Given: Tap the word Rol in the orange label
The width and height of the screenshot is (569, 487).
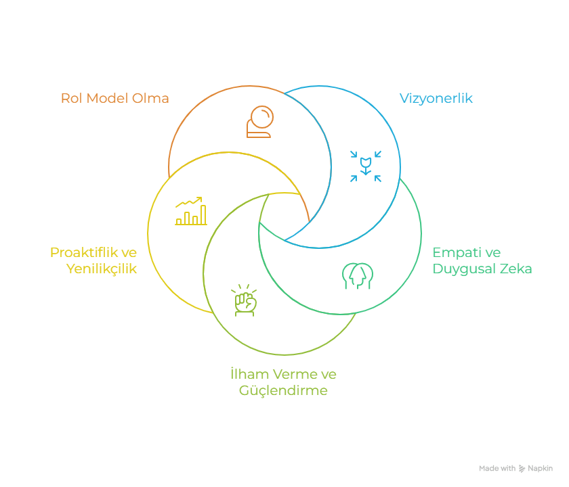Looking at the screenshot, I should click(71, 98).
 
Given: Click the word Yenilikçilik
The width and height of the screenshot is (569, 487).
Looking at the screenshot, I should click(102, 269).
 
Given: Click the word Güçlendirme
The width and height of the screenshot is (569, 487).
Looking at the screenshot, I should click(283, 390).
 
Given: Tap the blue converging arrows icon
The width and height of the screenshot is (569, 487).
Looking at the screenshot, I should click(366, 166).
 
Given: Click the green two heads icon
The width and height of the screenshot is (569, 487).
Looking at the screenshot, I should click(358, 275).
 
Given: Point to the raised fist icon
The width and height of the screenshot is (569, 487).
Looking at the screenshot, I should click(245, 300).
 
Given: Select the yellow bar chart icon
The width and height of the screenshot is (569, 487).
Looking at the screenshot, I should click(190, 212).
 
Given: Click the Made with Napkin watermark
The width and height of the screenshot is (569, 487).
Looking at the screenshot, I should click(515, 468).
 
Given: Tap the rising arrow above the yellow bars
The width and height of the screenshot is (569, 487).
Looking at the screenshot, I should click(189, 202).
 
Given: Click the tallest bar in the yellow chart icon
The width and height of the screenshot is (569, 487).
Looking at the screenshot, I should click(203, 216).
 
